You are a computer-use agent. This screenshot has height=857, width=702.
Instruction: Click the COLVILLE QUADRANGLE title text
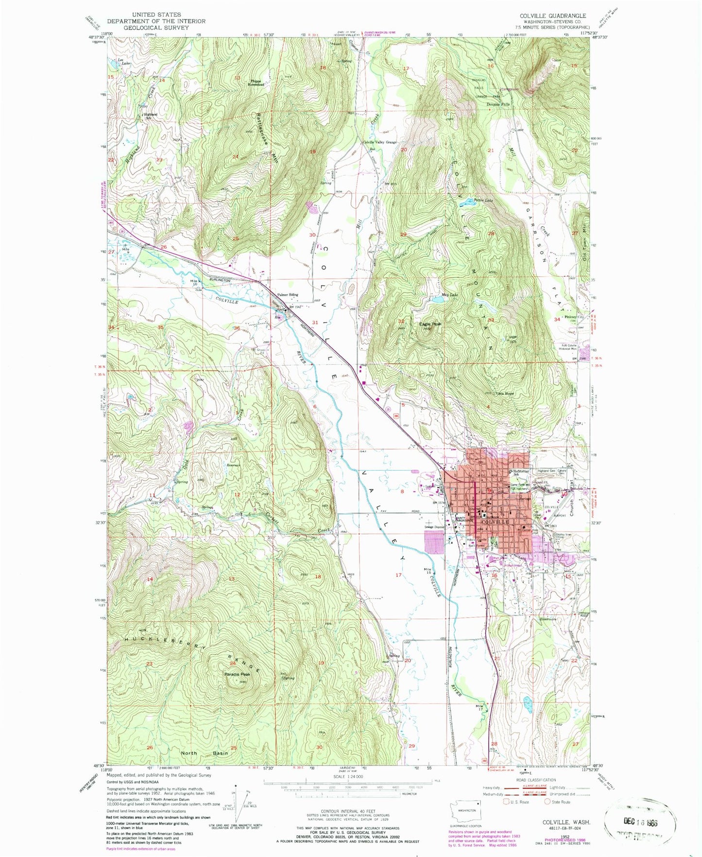(x=553, y=16)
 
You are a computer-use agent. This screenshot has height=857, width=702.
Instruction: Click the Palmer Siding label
(x=288, y=295)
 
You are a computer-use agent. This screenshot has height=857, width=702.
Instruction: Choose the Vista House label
(x=504, y=393)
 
